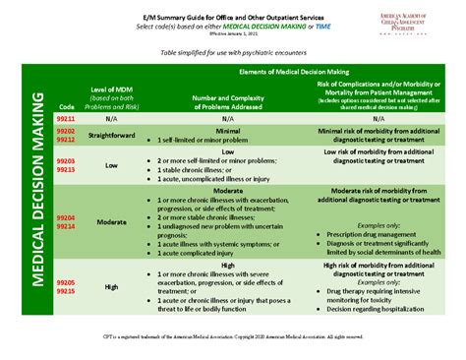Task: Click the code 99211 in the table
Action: pyautogui.click(x=66, y=117)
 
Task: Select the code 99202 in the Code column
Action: pyautogui.click(x=66, y=130)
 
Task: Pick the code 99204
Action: pyautogui.click(x=66, y=215)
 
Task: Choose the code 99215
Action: pyautogui.click(x=66, y=291)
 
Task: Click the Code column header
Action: pyautogui.click(x=66, y=104)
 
